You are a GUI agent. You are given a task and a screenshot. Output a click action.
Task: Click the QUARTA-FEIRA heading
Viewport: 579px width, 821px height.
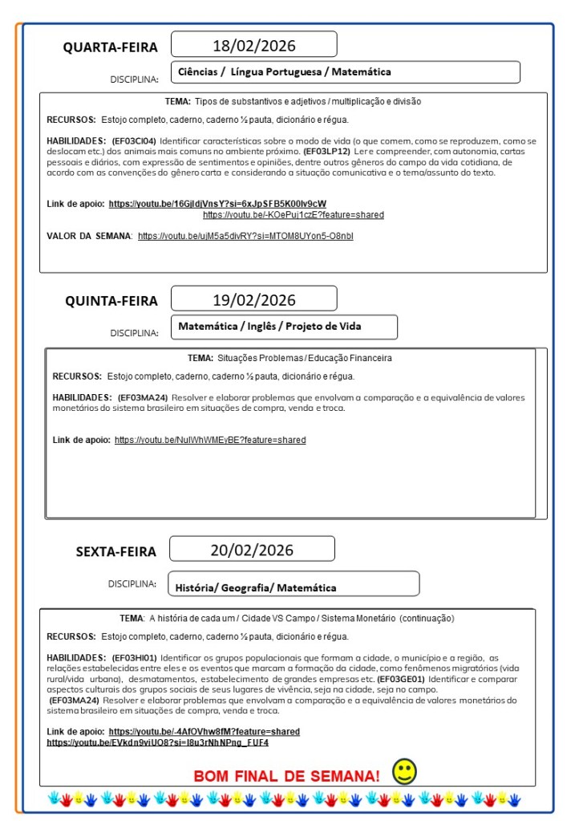111,47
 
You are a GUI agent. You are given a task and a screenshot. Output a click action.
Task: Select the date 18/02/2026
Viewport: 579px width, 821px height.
253,44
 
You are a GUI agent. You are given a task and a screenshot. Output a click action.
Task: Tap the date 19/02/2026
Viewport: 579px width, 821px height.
253,300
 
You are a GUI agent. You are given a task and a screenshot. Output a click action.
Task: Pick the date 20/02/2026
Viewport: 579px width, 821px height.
252,550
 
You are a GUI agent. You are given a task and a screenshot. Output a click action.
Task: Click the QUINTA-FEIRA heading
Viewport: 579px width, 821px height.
111,302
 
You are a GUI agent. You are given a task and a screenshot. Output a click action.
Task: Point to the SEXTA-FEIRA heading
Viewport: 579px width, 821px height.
116,551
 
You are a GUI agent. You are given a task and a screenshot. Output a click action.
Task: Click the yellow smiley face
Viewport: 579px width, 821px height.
404,772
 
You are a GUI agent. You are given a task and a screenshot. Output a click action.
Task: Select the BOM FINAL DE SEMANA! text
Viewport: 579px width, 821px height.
286,776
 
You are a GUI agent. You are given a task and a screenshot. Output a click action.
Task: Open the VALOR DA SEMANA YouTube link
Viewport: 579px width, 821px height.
245,236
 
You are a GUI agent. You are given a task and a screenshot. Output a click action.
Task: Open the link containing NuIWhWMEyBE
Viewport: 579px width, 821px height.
210,440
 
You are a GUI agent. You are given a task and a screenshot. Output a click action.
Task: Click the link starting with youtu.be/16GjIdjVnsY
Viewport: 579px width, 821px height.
217,204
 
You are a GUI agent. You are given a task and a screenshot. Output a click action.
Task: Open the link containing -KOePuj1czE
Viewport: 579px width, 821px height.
293,215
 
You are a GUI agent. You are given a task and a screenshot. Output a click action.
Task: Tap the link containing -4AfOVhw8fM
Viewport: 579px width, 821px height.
204,732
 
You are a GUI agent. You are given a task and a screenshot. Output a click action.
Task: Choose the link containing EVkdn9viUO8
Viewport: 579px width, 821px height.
157,743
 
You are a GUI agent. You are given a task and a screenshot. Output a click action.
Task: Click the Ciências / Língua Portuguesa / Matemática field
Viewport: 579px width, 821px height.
285,72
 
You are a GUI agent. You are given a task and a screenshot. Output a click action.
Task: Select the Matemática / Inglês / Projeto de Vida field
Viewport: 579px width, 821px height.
269,327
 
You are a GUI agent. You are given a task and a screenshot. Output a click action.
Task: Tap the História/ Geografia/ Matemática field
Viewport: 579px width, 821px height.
256,588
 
